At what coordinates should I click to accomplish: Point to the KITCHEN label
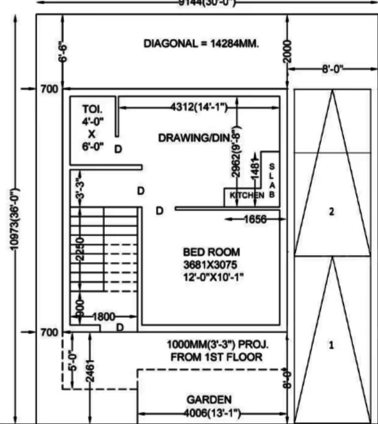pyautogui.click(x=247, y=194)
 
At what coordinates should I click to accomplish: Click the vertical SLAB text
pyautogui.click(x=272, y=180)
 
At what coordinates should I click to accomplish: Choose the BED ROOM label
pyautogui.click(x=211, y=252)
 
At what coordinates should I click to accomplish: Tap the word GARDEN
pyautogui.click(x=210, y=398)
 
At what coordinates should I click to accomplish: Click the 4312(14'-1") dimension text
pyautogui.click(x=199, y=107)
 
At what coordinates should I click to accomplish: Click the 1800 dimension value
pyautogui.click(x=104, y=316)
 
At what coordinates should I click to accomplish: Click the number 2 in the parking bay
pyautogui.click(x=331, y=212)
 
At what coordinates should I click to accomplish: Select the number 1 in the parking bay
pyautogui.click(x=331, y=345)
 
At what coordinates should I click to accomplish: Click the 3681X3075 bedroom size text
pyautogui.click(x=211, y=264)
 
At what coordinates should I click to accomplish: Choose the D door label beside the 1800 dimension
pyautogui.click(x=120, y=327)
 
